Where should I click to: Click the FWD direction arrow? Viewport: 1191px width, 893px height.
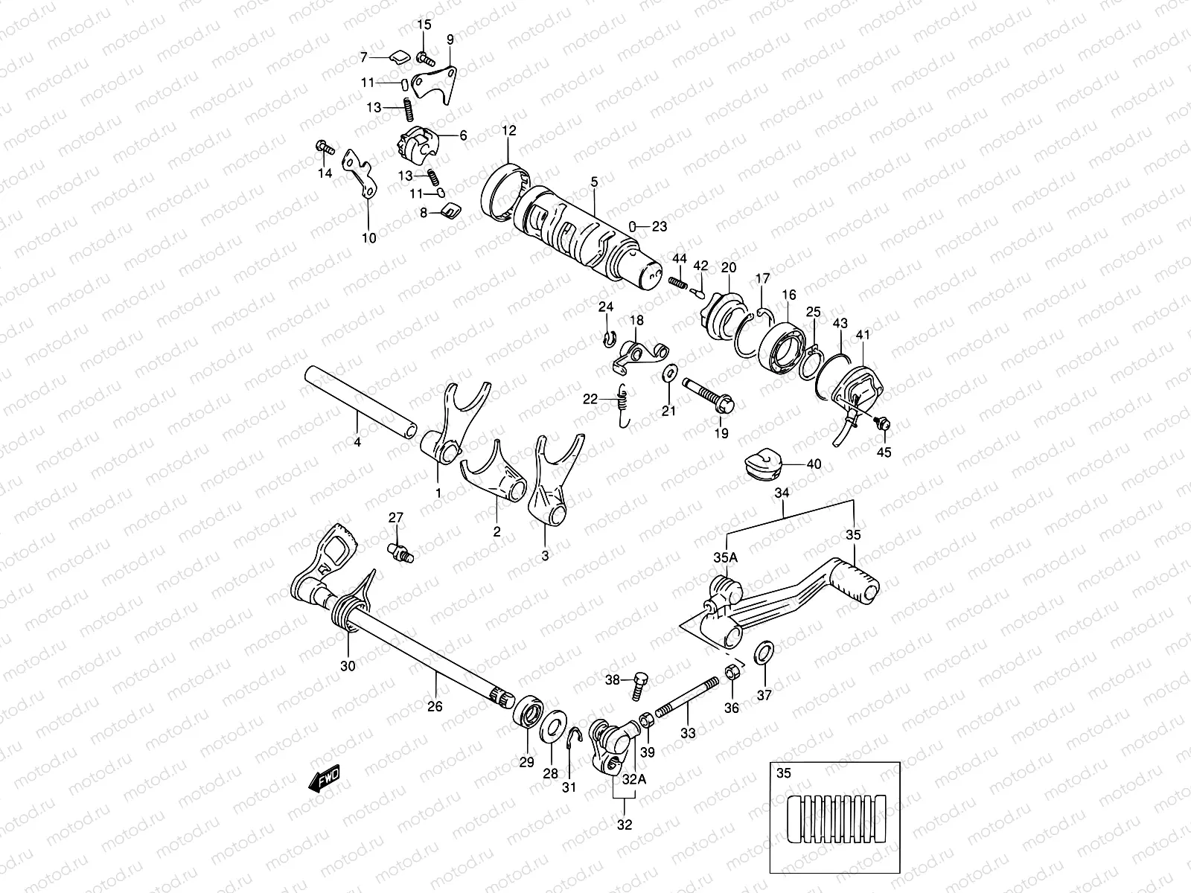pyautogui.click(x=325, y=781)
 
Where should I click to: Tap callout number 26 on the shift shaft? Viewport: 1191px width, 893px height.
pyautogui.click(x=435, y=705)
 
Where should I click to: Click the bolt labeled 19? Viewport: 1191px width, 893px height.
pyautogui.click(x=707, y=394)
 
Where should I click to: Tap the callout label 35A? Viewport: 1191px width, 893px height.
pyautogui.click(x=726, y=557)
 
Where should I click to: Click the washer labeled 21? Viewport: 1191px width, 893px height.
pyautogui.click(x=669, y=370)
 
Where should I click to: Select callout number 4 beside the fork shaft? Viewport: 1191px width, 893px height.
pyautogui.click(x=357, y=442)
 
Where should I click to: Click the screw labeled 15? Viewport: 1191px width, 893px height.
pyautogui.click(x=427, y=57)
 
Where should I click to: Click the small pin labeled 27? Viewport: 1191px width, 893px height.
pyautogui.click(x=400, y=551)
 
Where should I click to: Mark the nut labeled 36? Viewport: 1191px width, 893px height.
pyautogui.click(x=731, y=674)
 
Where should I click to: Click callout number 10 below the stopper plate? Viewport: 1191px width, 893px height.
pyautogui.click(x=369, y=238)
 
